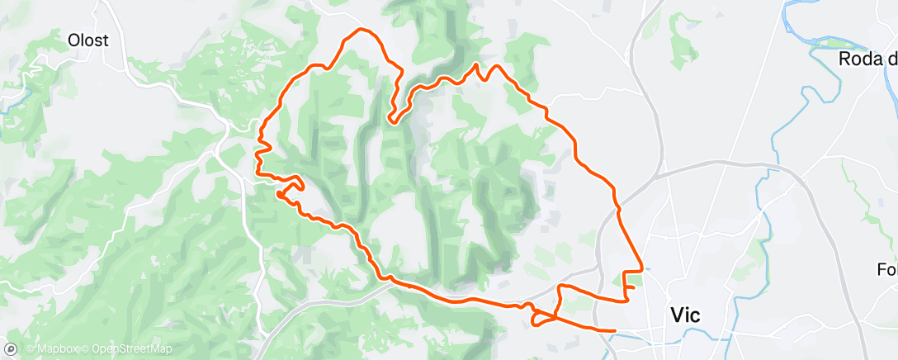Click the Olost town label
pyautogui.click(x=89, y=40)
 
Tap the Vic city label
pyautogui.click(x=686, y=315)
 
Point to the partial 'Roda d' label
pyautogui.click(x=867, y=59)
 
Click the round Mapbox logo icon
pyautogui.click(x=11, y=350)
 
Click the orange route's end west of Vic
pyautogui.click(x=615, y=331)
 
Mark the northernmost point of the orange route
pyautogui.click(x=360, y=30)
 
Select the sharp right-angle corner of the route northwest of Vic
pyautogui.click(x=641, y=271)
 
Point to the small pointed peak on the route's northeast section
pyautogui.click(x=476, y=64)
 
